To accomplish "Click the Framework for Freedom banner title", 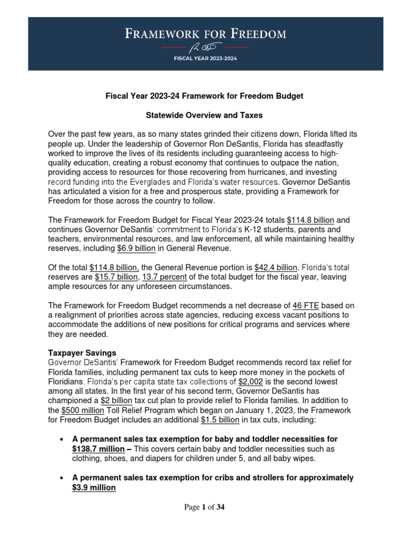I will click(x=205, y=35).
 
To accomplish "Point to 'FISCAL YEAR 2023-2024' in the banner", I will click(x=204, y=59).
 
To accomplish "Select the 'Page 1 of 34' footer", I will click(x=204, y=508).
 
